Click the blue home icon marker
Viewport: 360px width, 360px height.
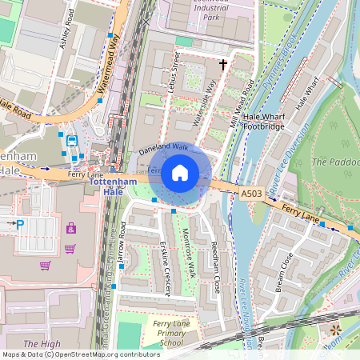(180, 173)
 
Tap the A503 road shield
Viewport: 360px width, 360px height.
(250, 194)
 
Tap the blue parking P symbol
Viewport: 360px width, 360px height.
(20, 225)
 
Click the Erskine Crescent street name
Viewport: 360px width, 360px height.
(164, 267)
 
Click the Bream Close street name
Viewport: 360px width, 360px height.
(284, 272)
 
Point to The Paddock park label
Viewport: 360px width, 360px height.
(334, 162)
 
